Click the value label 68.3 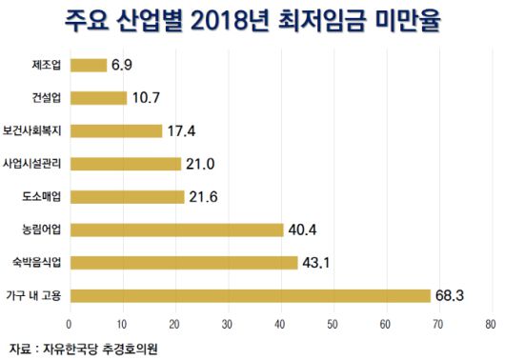(449, 295)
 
